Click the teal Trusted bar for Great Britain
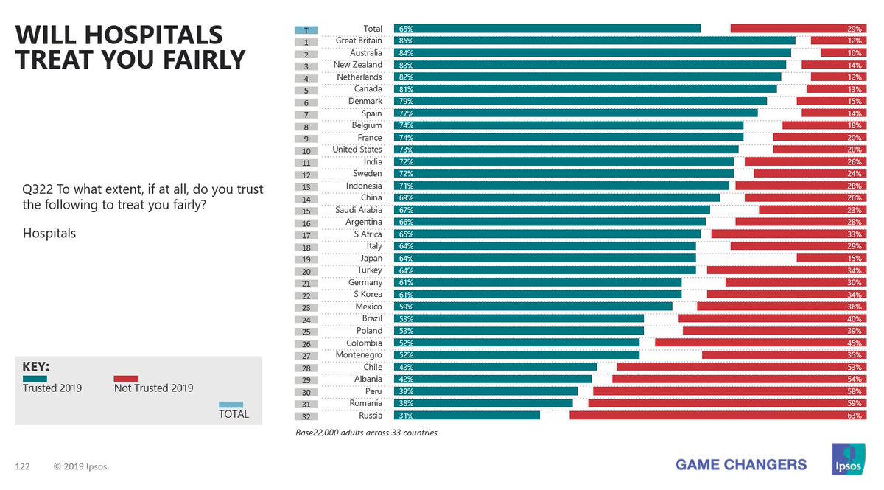(x=594, y=41)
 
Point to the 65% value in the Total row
(x=404, y=29)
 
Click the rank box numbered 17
(x=306, y=235)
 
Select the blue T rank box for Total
(x=306, y=29)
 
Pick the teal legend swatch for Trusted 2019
(x=35, y=378)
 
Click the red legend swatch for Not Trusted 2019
(x=126, y=378)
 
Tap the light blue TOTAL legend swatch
(x=231, y=404)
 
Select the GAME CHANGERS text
(x=741, y=464)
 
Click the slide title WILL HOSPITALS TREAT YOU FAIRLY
(x=130, y=46)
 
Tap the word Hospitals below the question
(x=49, y=233)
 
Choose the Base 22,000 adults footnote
(x=366, y=433)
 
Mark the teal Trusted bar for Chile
(x=495, y=367)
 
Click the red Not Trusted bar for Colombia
(x=762, y=343)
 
